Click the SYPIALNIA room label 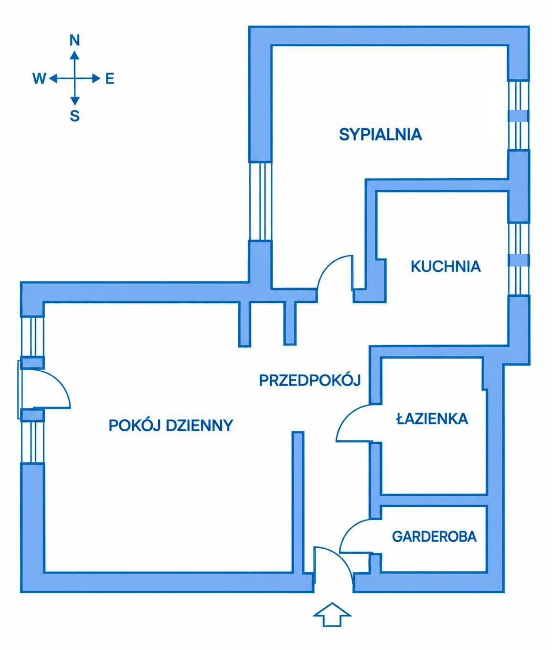point(381,134)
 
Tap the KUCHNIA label point(446,266)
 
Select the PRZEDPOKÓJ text point(309,380)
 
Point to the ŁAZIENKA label point(432,418)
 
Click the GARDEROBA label point(435,536)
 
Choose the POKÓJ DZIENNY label point(170,426)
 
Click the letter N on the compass point(74,40)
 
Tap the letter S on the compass point(74,116)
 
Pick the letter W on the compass point(39,78)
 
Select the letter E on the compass point(110,78)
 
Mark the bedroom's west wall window point(260,202)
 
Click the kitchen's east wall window point(519,259)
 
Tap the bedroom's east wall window point(519,116)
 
